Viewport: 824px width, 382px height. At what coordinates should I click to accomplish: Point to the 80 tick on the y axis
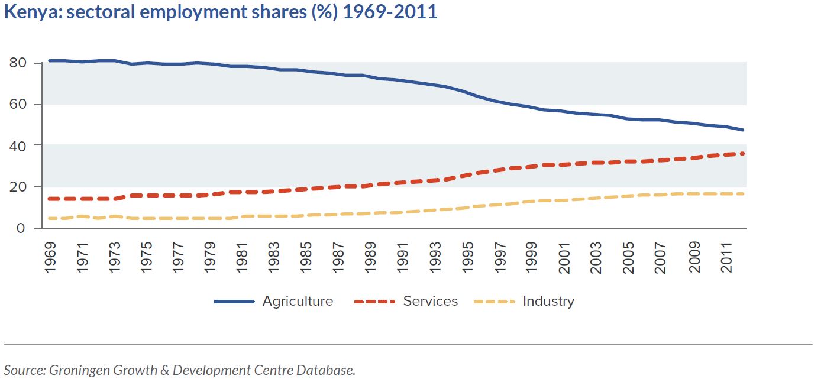coord(18,63)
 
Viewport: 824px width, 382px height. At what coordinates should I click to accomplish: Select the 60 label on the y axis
coord(18,104)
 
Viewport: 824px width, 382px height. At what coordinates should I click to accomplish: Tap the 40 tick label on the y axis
coord(18,146)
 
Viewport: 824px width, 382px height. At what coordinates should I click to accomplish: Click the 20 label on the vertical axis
coord(18,187)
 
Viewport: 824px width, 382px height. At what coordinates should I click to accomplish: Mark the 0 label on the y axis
coord(21,228)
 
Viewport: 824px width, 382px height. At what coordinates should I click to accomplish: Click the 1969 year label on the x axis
coord(50,257)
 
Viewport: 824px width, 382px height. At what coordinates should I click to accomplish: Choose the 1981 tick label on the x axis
coord(242,257)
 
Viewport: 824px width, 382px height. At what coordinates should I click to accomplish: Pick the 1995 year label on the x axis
coord(467,257)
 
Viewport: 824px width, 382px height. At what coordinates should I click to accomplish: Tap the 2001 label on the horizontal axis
coord(564,258)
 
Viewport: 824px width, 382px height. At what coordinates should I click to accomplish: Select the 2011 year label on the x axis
coord(726,257)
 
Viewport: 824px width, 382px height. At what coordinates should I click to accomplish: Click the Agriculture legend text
coord(298,302)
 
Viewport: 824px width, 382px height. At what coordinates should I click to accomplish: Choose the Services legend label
coord(431,301)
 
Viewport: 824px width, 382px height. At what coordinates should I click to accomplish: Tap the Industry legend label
coord(548,302)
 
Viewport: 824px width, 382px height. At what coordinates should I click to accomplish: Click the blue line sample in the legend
coord(234,302)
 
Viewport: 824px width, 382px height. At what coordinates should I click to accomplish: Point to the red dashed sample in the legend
coord(374,302)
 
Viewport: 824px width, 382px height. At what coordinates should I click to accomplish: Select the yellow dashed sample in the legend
coord(495,302)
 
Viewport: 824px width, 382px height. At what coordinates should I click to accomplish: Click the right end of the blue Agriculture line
coord(743,130)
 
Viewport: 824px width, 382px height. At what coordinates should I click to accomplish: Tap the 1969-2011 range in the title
coord(390,12)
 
